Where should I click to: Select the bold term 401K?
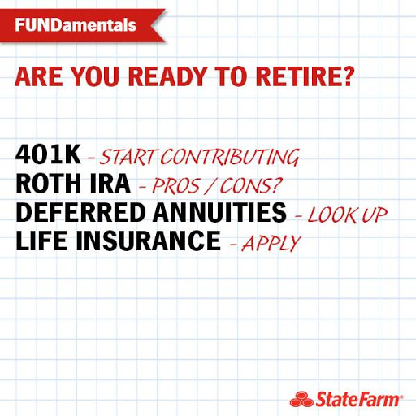[x=48, y=154]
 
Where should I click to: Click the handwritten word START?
[x=129, y=156]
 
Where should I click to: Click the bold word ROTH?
[x=47, y=184]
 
